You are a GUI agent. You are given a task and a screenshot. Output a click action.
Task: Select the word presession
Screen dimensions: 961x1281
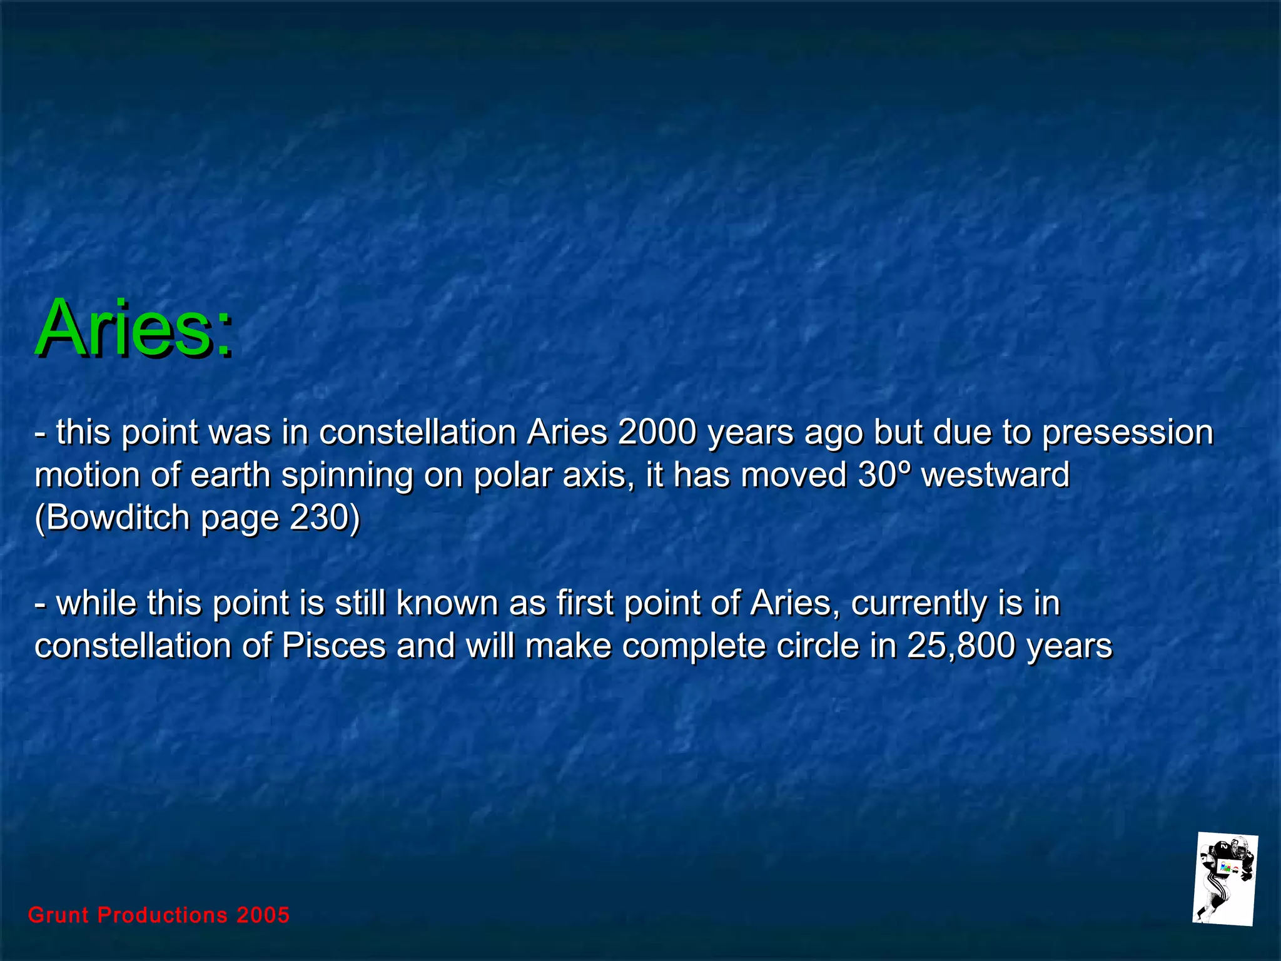coord(1127,433)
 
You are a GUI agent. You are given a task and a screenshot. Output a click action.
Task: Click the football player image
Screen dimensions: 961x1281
coord(1224,878)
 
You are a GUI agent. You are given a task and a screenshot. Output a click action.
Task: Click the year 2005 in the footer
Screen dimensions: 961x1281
coord(263,915)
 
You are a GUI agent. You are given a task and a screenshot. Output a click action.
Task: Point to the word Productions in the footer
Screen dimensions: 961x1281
coord(163,915)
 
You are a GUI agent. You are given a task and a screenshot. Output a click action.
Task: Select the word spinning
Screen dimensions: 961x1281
coord(347,475)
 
